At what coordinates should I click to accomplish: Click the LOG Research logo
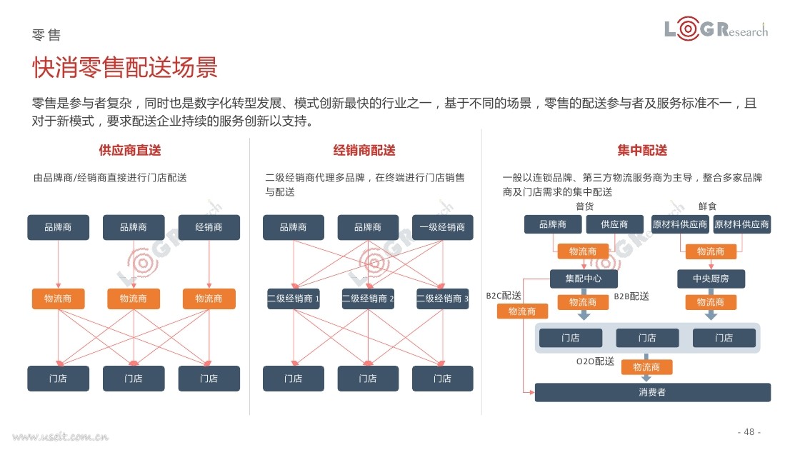click(716, 29)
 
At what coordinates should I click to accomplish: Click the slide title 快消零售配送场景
click(125, 67)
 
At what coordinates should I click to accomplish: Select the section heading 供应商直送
click(129, 151)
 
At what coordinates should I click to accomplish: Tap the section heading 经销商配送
click(364, 151)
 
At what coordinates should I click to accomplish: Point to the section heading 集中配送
click(642, 151)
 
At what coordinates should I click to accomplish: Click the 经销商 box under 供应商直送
click(209, 227)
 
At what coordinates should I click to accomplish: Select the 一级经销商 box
click(442, 227)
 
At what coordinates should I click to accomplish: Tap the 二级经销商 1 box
click(294, 299)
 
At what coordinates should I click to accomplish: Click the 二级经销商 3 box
click(442, 299)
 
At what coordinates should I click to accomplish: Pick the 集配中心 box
click(584, 279)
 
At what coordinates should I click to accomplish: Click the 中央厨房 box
click(711, 279)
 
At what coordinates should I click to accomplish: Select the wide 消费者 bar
click(653, 392)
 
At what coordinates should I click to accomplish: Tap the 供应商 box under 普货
click(614, 224)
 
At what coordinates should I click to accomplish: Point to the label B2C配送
click(504, 296)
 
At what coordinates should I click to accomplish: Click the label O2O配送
click(596, 361)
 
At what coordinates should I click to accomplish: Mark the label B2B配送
click(631, 296)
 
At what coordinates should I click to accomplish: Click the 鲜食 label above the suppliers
click(708, 206)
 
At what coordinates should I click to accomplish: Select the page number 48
click(749, 431)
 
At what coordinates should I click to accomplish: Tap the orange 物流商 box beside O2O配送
click(646, 367)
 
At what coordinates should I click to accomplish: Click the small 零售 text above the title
click(46, 35)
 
